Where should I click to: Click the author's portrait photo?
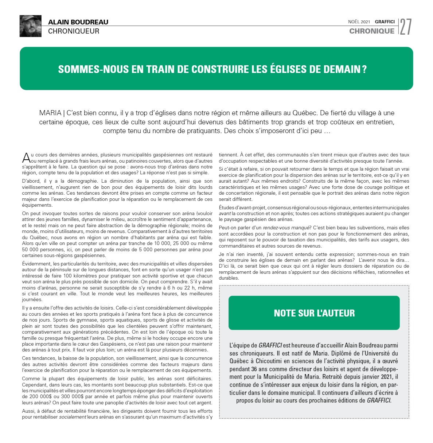(x=30, y=26)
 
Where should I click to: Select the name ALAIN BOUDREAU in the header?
(x=78, y=22)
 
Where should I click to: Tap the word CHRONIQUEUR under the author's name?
(x=74, y=31)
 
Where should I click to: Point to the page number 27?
(x=406, y=27)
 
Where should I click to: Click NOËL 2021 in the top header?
(x=359, y=22)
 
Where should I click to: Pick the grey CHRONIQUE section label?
(x=371, y=31)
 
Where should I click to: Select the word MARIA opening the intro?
(x=50, y=113)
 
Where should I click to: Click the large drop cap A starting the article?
(x=26, y=158)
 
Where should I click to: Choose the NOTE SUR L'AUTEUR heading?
(x=314, y=313)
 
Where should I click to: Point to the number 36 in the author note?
(x=254, y=369)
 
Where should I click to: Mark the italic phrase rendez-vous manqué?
(x=287, y=228)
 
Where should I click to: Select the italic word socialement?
(x=73, y=417)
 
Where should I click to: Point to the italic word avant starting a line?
(x=225, y=214)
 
